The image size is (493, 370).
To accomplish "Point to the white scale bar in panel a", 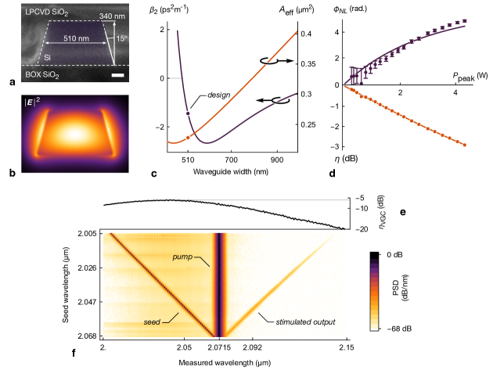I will pyautogui.click(x=115, y=76).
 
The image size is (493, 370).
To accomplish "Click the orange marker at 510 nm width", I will pyautogui.click(x=188, y=138).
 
